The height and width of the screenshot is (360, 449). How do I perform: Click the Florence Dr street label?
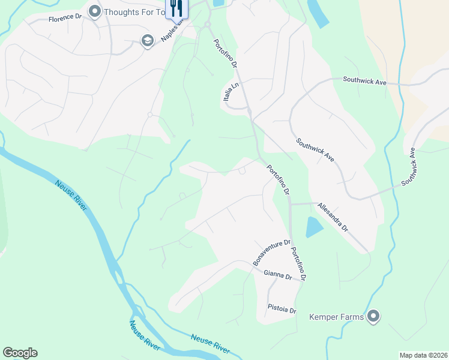pyautogui.click(x=65, y=19)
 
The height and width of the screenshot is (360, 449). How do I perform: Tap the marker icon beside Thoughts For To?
pyautogui.click(x=94, y=11)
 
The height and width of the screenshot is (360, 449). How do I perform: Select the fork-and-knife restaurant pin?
pyautogui.click(x=176, y=8)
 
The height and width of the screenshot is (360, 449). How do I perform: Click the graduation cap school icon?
pyautogui.click(x=146, y=40)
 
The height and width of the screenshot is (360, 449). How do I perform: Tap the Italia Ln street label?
pyautogui.click(x=231, y=95)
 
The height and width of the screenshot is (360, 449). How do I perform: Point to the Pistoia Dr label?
pyautogui.click(x=282, y=311)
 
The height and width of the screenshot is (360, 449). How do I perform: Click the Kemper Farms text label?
pyautogui.click(x=337, y=316)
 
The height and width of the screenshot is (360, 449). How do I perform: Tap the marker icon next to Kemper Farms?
pyautogui.click(x=373, y=316)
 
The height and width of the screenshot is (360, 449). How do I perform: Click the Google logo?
pyautogui.click(x=20, y=353)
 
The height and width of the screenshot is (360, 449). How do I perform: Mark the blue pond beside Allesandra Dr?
pyautogui.click(x=314, y=227)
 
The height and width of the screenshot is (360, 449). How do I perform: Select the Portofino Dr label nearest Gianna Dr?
pyautogui.click(x=298, y=265)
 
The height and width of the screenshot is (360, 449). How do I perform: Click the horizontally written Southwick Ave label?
pyautogui.click(x=368, y=79)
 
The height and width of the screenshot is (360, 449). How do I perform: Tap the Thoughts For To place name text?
pyautogui.click(x=134, y=11)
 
